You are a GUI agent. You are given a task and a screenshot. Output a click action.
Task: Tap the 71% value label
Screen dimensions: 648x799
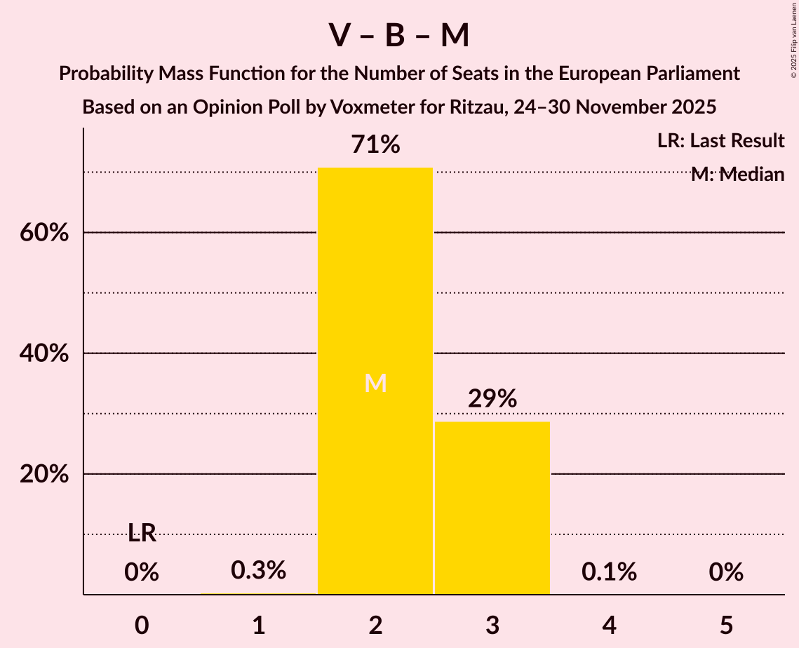point(375,145)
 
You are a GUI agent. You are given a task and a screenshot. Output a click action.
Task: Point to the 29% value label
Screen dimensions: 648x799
point(492,398)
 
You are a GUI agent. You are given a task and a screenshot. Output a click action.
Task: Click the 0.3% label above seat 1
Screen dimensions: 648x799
point(258,571)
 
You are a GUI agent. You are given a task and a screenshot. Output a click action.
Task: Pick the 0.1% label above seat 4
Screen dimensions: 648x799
point(609,572)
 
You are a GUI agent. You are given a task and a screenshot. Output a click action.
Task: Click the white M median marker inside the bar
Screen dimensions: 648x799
point(375,383)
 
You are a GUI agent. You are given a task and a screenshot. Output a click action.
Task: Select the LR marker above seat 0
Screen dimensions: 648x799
point(142,534)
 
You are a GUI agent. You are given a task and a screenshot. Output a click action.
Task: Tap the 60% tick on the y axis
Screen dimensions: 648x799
point(43,233)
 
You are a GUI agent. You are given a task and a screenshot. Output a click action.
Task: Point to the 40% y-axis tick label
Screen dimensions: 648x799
point(43,353)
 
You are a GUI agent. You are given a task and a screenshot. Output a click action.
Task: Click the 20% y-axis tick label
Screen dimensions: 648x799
point(43,474)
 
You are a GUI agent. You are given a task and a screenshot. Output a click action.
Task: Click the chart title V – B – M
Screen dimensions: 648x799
point(399,35)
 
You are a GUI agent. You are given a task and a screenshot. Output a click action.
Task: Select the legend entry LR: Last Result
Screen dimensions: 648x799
point(720,141)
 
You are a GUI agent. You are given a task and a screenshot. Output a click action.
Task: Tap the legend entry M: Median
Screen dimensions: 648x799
point(737,175)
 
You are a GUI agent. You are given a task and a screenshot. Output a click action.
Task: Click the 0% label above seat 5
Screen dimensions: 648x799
point(725,572)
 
